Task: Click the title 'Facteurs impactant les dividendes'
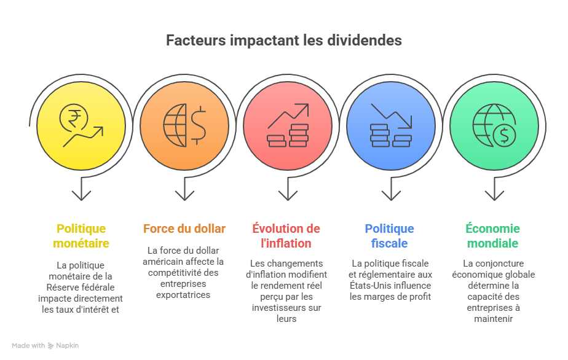[283, 40]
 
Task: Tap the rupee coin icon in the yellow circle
[74, 117]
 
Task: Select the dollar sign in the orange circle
[198, 125]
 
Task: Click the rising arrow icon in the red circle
[288, 116]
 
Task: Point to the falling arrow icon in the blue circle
[391, 116]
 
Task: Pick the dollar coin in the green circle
[504, 135]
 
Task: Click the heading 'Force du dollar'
[184, 229]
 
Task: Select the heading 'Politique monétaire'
[81, 236]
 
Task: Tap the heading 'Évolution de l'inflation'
[286, 236]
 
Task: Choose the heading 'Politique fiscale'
[389, 236]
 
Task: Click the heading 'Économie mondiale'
[492, 236]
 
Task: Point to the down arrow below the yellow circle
[82, 189]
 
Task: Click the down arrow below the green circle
[494, 189]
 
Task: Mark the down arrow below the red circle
[288, 189]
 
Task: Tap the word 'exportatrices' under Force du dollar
[183, 295]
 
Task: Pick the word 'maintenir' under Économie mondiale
[494, 319]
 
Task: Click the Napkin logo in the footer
[63, 345]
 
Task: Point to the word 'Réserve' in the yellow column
[61, 288]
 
